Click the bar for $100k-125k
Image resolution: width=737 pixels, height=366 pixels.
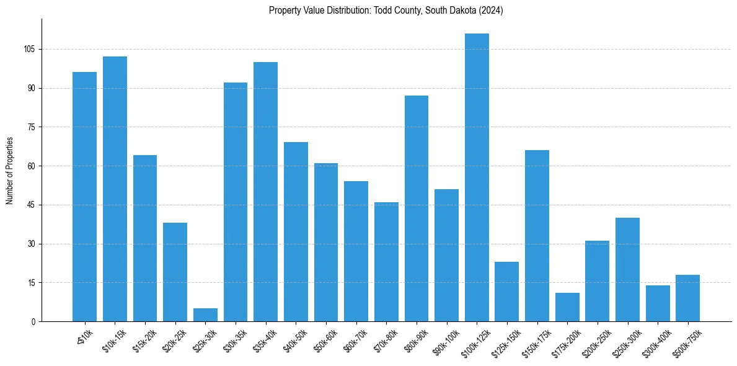[477, 177]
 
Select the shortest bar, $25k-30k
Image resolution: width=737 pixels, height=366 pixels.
[205, 315]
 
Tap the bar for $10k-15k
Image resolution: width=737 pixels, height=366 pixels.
[115, 189]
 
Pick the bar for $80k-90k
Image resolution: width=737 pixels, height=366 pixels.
[417, 208]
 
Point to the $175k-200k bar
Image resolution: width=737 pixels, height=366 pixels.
[567, 307]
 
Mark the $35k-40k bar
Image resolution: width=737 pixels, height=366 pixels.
[265, 192]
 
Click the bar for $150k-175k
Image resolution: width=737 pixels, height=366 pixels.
[537, 236]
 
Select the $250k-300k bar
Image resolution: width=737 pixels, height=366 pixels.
[627, 270]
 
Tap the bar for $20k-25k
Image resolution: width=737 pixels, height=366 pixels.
[175, 272]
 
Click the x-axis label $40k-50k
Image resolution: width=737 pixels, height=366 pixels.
[295, 341]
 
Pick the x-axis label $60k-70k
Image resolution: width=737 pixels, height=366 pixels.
[355, 341]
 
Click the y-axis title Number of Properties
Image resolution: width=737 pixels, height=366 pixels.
[10, 171]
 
